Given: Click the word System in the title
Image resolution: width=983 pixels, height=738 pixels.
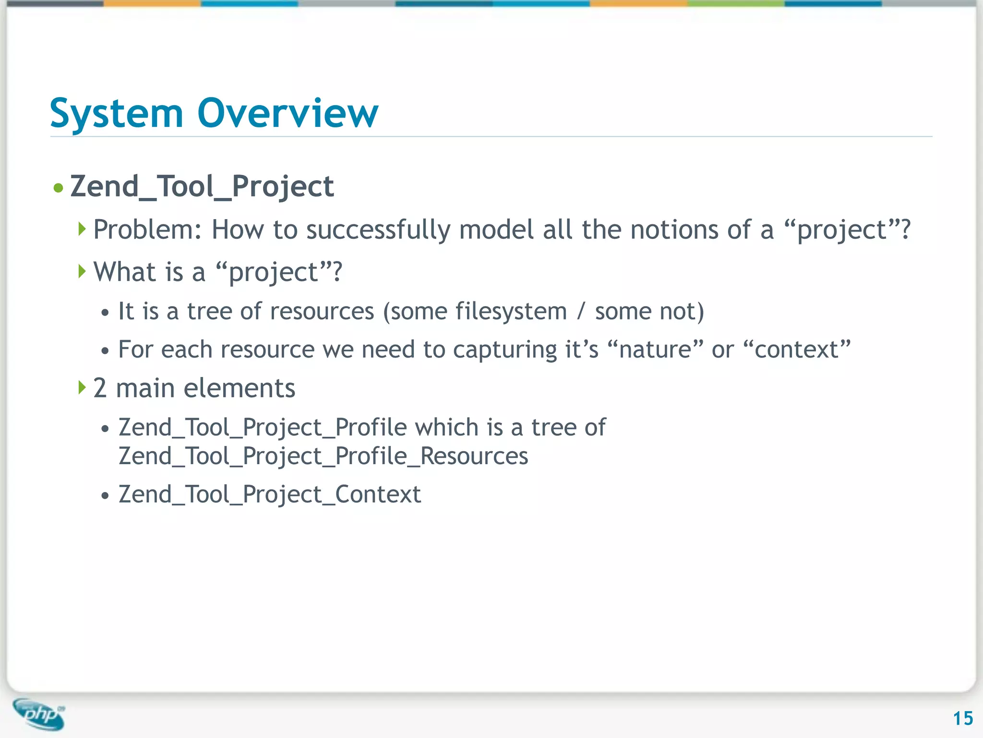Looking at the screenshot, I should coord(117,113).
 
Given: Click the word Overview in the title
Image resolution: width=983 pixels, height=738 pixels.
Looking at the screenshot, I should coord(288,113).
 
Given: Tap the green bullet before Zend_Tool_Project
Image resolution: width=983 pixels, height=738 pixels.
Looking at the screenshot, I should coord(59,187).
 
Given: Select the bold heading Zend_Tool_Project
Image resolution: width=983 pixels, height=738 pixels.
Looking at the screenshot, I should coord(202,186).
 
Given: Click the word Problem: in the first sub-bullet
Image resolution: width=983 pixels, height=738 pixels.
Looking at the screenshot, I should coord(147,230).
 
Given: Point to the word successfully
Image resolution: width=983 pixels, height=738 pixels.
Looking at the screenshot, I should coord(378,230).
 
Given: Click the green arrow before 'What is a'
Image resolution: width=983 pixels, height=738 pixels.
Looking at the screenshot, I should coord(82,271).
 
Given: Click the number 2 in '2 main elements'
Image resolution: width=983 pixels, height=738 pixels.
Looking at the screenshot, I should coord(99,388).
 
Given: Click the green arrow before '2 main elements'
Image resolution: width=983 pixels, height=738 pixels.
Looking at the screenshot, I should coord(82,387).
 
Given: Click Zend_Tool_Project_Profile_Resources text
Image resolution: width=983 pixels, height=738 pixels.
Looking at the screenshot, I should coord(323,456).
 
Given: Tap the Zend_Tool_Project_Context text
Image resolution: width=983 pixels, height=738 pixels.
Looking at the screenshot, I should coord(270,494).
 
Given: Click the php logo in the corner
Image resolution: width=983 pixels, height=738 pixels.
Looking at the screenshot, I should coord(39,714).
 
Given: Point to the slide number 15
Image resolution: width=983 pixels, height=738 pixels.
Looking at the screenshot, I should coord(962,718).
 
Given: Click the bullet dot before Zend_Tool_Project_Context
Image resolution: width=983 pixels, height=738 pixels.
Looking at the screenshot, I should coord(105,496).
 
